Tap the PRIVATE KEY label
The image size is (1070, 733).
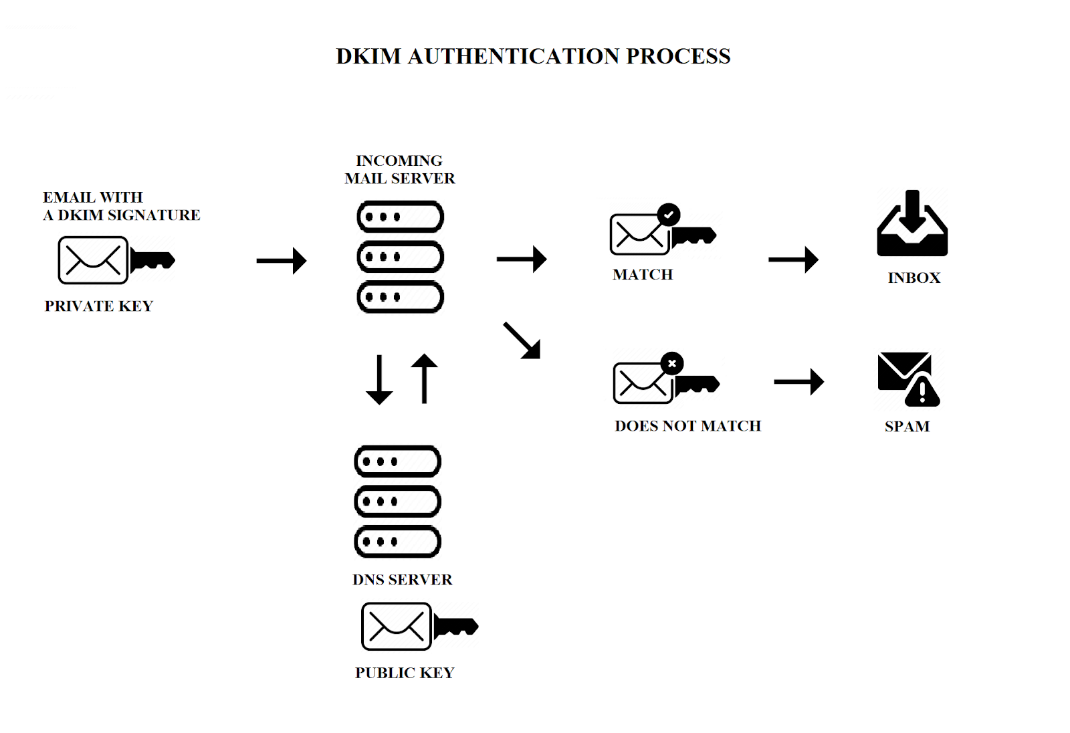(x=99, y=306)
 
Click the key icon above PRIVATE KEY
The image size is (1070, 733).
(x=152, y=259)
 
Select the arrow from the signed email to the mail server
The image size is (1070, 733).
(x=282, y=260)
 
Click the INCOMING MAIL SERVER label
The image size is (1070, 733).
(x=399, y=170)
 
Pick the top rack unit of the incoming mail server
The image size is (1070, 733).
(x=401, y=217)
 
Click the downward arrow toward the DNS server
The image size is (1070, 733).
(x=379, y=379)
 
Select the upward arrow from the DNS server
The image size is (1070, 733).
(x=424, y=378)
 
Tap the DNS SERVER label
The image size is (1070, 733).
(x=402, y=580)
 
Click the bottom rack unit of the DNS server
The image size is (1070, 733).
(x=397, y=542)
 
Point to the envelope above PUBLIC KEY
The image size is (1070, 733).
(x=396, y=627)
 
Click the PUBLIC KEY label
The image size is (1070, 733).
(x=405, y=673)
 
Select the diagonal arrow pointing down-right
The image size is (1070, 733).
(x=522, y=341)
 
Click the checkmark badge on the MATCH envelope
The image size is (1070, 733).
(x=669, y=215)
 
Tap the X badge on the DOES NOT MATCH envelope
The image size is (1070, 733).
(x=672, y=363)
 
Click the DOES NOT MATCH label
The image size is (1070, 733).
(x=687, y=426)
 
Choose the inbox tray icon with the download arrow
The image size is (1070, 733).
(x=912, y=223)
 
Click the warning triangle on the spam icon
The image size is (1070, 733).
(x=922, y=392)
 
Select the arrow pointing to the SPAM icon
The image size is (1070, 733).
(x=799, y=382)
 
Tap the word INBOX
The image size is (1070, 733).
(x=914, y=278)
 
